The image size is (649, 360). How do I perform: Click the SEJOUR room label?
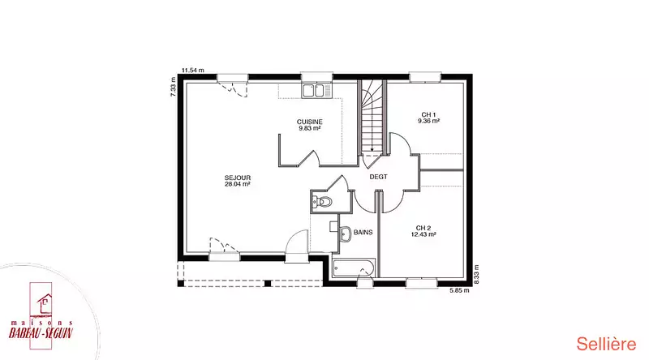click(x=238, y=178)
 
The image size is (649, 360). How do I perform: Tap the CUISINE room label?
click(x=310, y=122)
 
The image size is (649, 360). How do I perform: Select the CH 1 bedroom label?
click(x=428, y=114)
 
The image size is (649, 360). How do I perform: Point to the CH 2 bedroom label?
click(x=423, y=228)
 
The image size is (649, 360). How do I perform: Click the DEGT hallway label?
click(x=378, y=177)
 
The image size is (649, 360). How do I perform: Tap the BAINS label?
click(x=363, y=233)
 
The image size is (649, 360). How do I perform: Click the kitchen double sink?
click(x=316, y=91)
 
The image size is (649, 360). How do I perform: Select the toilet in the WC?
click(x=322, y=202)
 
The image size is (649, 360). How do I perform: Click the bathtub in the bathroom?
click(x=354, y=268)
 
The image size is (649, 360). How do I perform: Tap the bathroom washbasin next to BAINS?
click(x=345, y=234)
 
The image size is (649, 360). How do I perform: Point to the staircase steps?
click(x=372, y=117)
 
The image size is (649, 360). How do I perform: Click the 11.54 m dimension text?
click(x=193, y=71)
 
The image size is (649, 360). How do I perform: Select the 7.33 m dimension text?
click(x=173, y=87)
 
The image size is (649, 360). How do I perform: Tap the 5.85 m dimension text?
click(x=459, y=290)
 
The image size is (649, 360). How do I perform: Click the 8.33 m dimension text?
click(x=476, y=274)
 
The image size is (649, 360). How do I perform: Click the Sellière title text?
click(x=606, y=345)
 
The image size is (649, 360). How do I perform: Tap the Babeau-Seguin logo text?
click(x=41, y=332)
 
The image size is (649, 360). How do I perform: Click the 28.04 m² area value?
click(x=237, y=184)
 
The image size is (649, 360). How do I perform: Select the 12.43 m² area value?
click(x=423, y=234)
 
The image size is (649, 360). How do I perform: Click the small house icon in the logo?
click(x=45, y=303)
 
